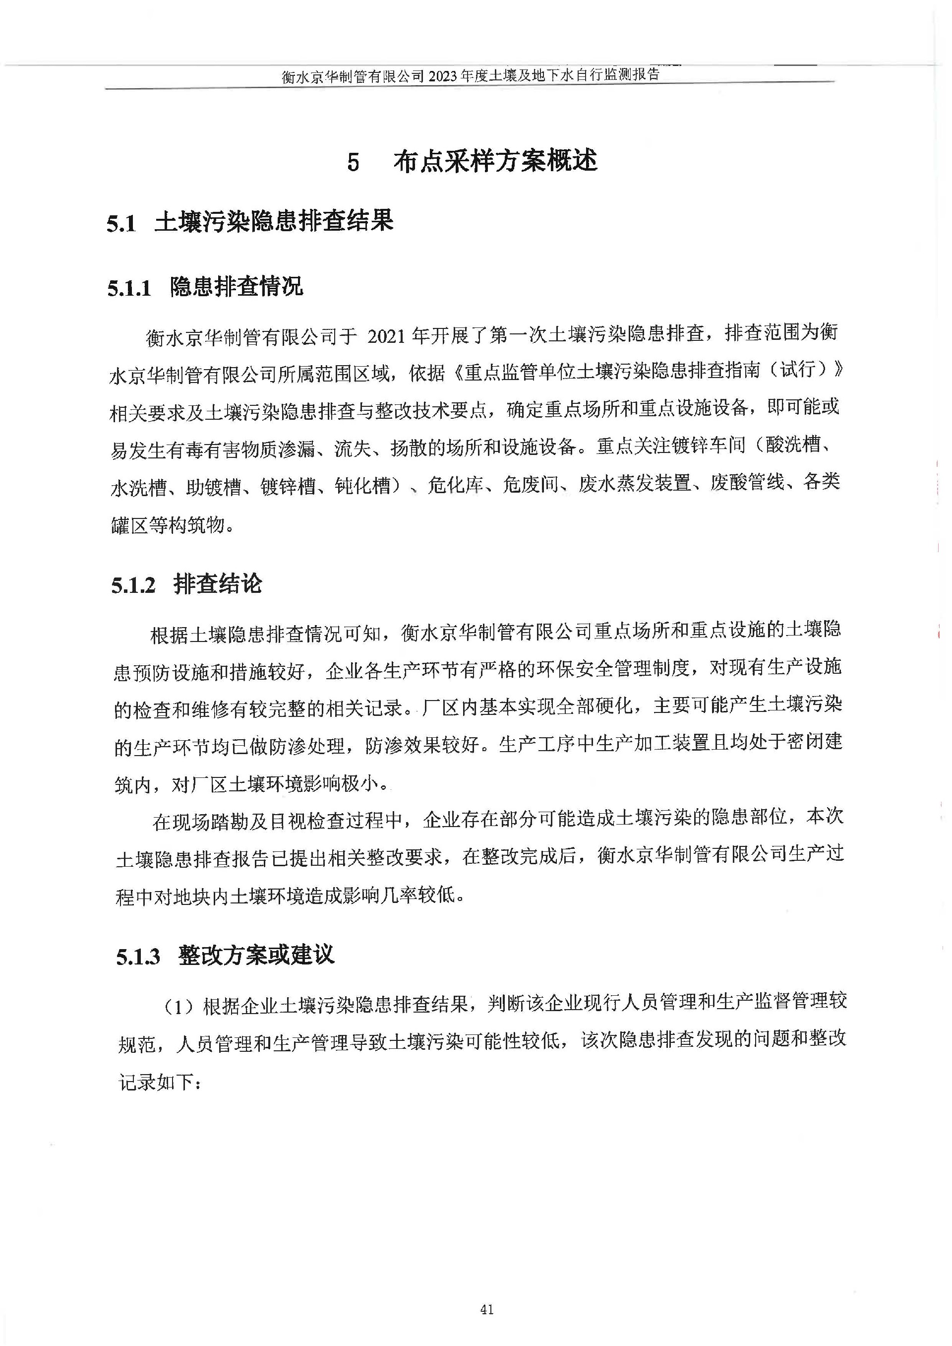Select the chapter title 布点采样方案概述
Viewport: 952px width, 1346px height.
495,161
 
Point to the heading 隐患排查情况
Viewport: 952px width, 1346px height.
237,287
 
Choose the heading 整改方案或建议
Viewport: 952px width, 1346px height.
256,956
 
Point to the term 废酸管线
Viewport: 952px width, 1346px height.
747,483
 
